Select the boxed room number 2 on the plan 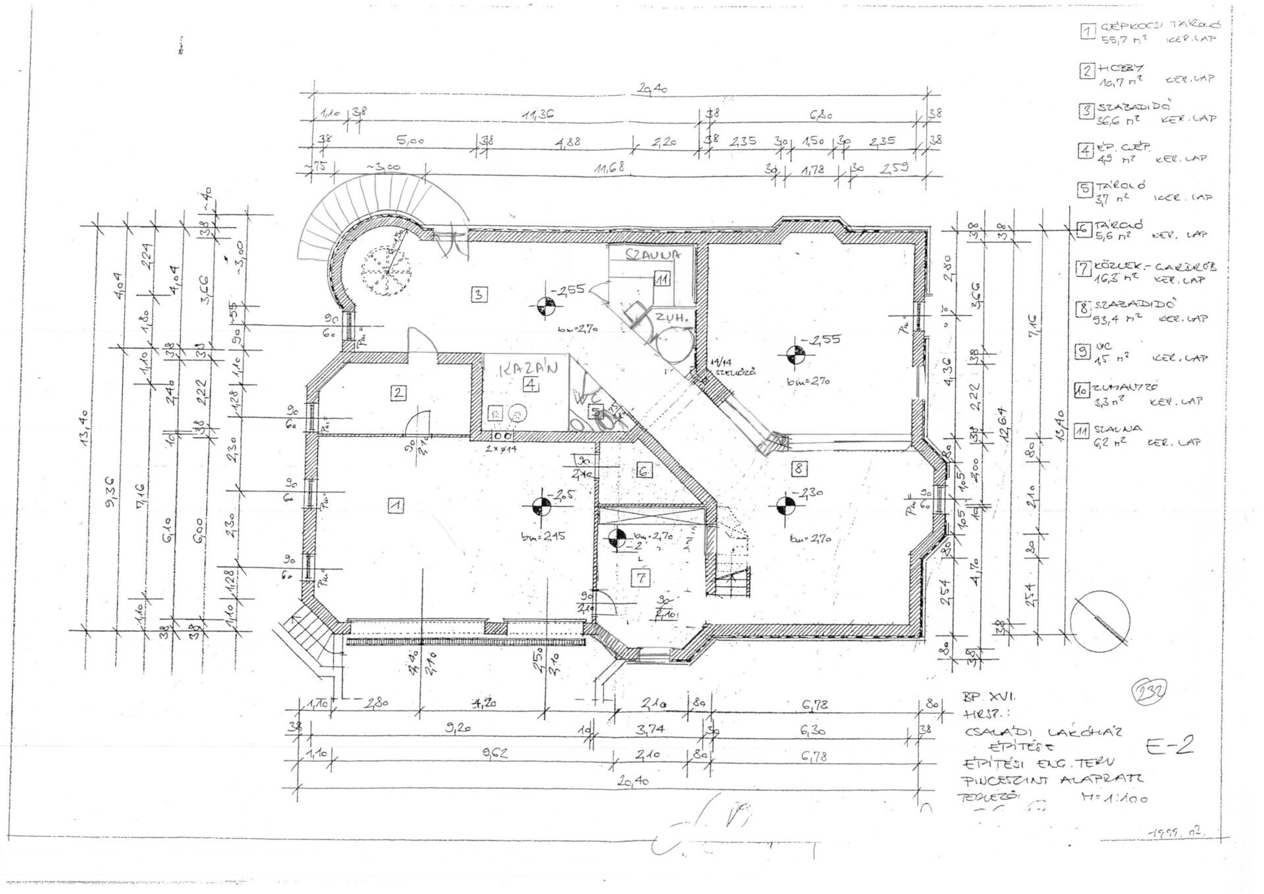click(x=398, y=393)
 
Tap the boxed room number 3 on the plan click(x=479, y=294)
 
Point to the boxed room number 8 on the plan click(x=799, y=469)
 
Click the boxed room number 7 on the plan click(x=641, y=578)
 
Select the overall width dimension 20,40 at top click(x=652, y=90)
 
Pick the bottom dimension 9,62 click(x=495, y=754)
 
